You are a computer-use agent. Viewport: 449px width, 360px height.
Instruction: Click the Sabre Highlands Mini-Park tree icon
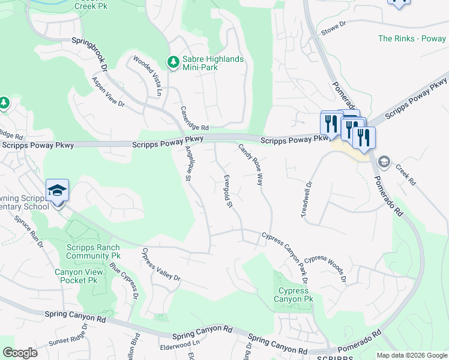click(173, 62)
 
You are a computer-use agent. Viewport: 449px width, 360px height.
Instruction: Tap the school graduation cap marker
click(58, 191)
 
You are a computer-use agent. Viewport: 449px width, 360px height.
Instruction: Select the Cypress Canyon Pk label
click(294, 295)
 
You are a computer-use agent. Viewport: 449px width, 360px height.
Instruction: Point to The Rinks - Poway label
click(412, 39)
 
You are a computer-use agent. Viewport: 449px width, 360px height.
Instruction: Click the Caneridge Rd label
click(194, 119)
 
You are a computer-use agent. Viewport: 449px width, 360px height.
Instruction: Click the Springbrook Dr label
click(89, 52)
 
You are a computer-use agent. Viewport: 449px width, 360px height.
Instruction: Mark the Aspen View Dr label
click(108, 92)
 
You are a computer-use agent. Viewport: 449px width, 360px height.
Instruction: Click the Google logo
click(20, 353)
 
